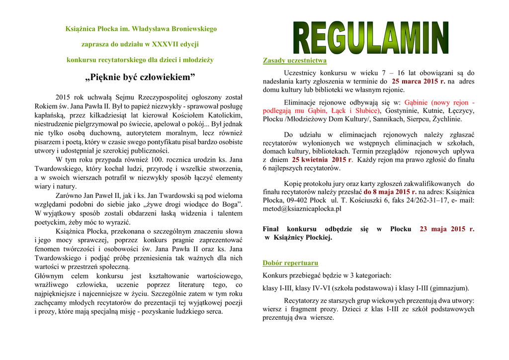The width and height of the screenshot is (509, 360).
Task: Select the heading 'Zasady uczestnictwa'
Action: tap(294, 61)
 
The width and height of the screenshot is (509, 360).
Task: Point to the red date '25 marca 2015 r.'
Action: tap(418, 81)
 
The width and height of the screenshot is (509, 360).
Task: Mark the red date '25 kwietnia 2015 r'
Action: tap(322, 160)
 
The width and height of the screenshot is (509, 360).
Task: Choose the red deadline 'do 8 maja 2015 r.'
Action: tap(390, 191)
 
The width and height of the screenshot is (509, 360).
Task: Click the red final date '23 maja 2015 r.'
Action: tap(447, 229)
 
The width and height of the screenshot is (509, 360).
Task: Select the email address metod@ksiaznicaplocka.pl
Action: tap(302, 209)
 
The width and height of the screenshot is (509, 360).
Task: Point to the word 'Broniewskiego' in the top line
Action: tap(193, 29)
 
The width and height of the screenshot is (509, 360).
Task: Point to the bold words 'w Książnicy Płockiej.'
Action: tap(298, 238)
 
